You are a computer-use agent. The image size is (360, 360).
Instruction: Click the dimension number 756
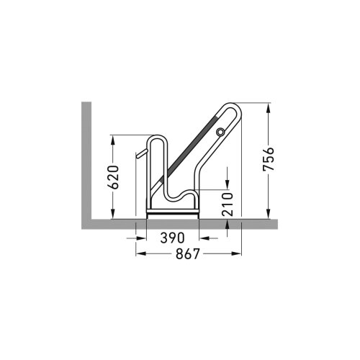point(268,161)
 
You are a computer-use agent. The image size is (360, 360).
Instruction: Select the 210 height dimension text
point(228,204)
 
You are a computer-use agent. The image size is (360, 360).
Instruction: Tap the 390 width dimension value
point(173,238)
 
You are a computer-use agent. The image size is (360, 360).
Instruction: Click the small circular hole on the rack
point(220,131)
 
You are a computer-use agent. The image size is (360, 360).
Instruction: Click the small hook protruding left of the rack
point(139,156)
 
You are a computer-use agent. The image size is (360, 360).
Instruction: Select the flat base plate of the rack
point(173,213)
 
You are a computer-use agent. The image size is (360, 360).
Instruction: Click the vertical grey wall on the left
point(86,158)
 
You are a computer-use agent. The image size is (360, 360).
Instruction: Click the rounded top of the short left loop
point(156,137)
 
